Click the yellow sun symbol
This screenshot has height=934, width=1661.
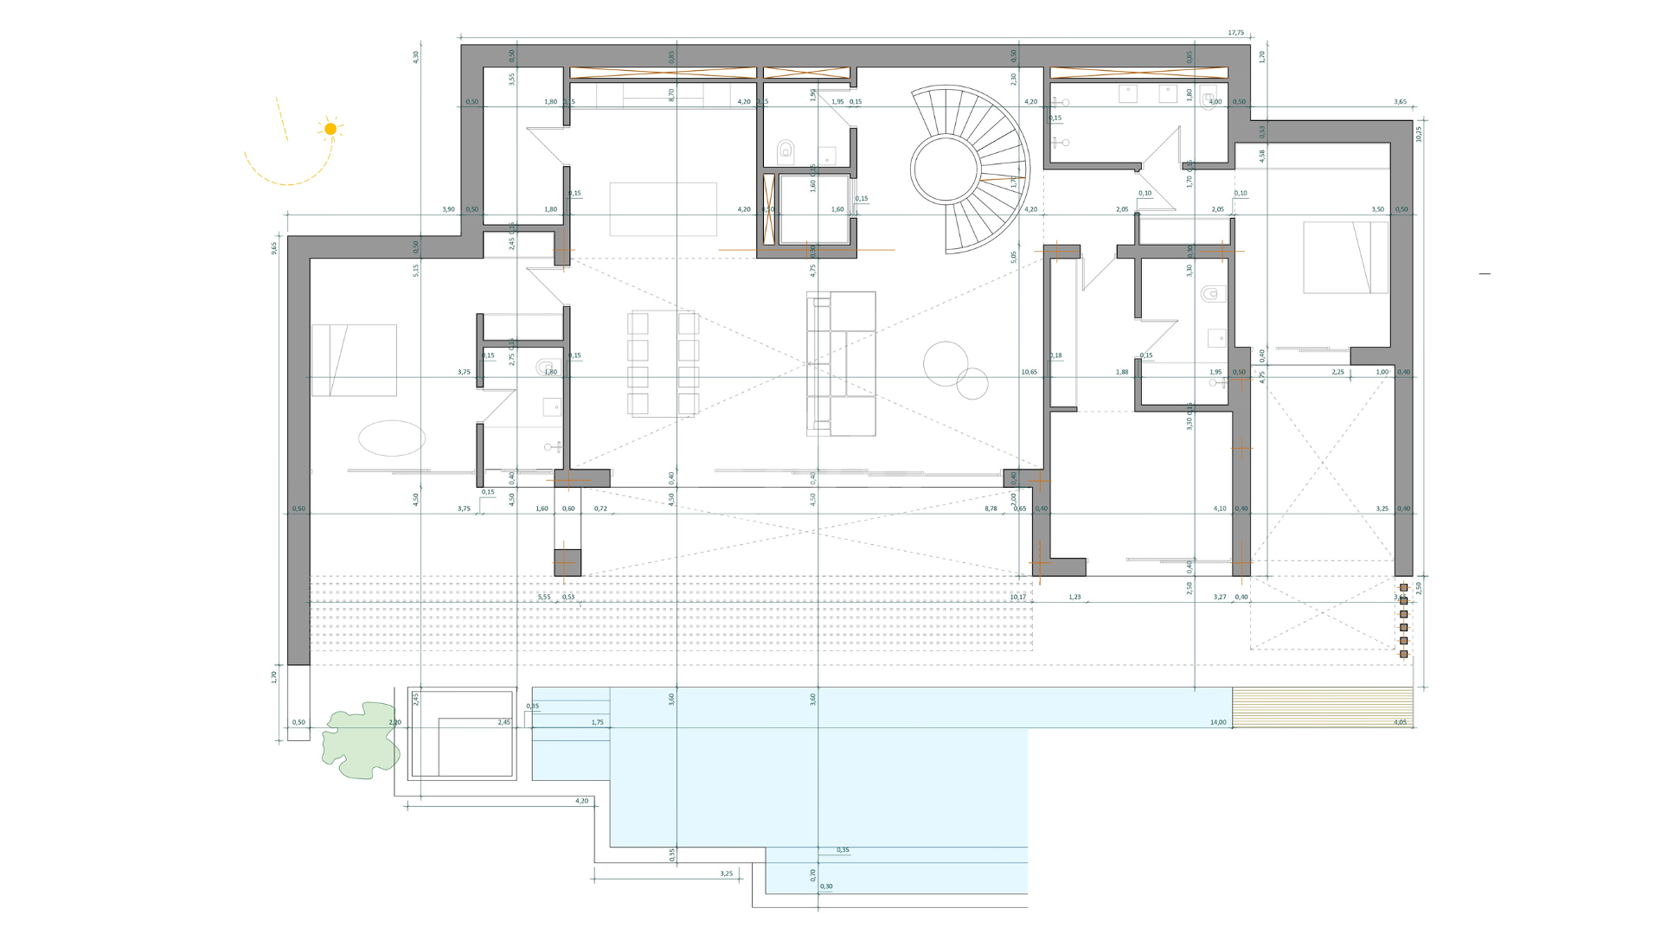click(330, 129)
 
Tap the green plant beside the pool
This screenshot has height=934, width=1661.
click(360, 740)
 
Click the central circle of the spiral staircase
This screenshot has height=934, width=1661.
click(945, 169)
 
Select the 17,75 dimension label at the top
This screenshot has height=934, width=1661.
click(1235, 33)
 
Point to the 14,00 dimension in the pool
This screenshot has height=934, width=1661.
click(1217, 722)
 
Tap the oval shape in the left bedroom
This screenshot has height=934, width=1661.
click(392, 438)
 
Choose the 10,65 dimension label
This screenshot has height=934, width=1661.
click(1029, 372)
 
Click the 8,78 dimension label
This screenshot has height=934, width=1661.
click(991, 509)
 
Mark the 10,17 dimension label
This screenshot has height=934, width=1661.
click(1017, 597)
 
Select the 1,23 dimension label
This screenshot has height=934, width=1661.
click(1074, 597)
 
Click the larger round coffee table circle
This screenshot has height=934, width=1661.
click(945, 363)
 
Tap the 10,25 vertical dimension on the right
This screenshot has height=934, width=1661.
click(1419, 134)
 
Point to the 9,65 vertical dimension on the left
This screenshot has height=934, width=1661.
click(274, 247)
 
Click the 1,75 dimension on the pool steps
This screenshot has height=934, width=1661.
click(598, 722)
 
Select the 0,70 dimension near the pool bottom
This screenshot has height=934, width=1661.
click(813, 874)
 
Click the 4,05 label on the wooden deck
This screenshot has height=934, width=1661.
click(1400, 722)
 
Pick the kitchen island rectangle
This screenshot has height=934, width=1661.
click(663, 208)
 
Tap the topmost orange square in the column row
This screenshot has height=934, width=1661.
click(1404, 587)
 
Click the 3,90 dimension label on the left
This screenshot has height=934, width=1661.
click(448, 209)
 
